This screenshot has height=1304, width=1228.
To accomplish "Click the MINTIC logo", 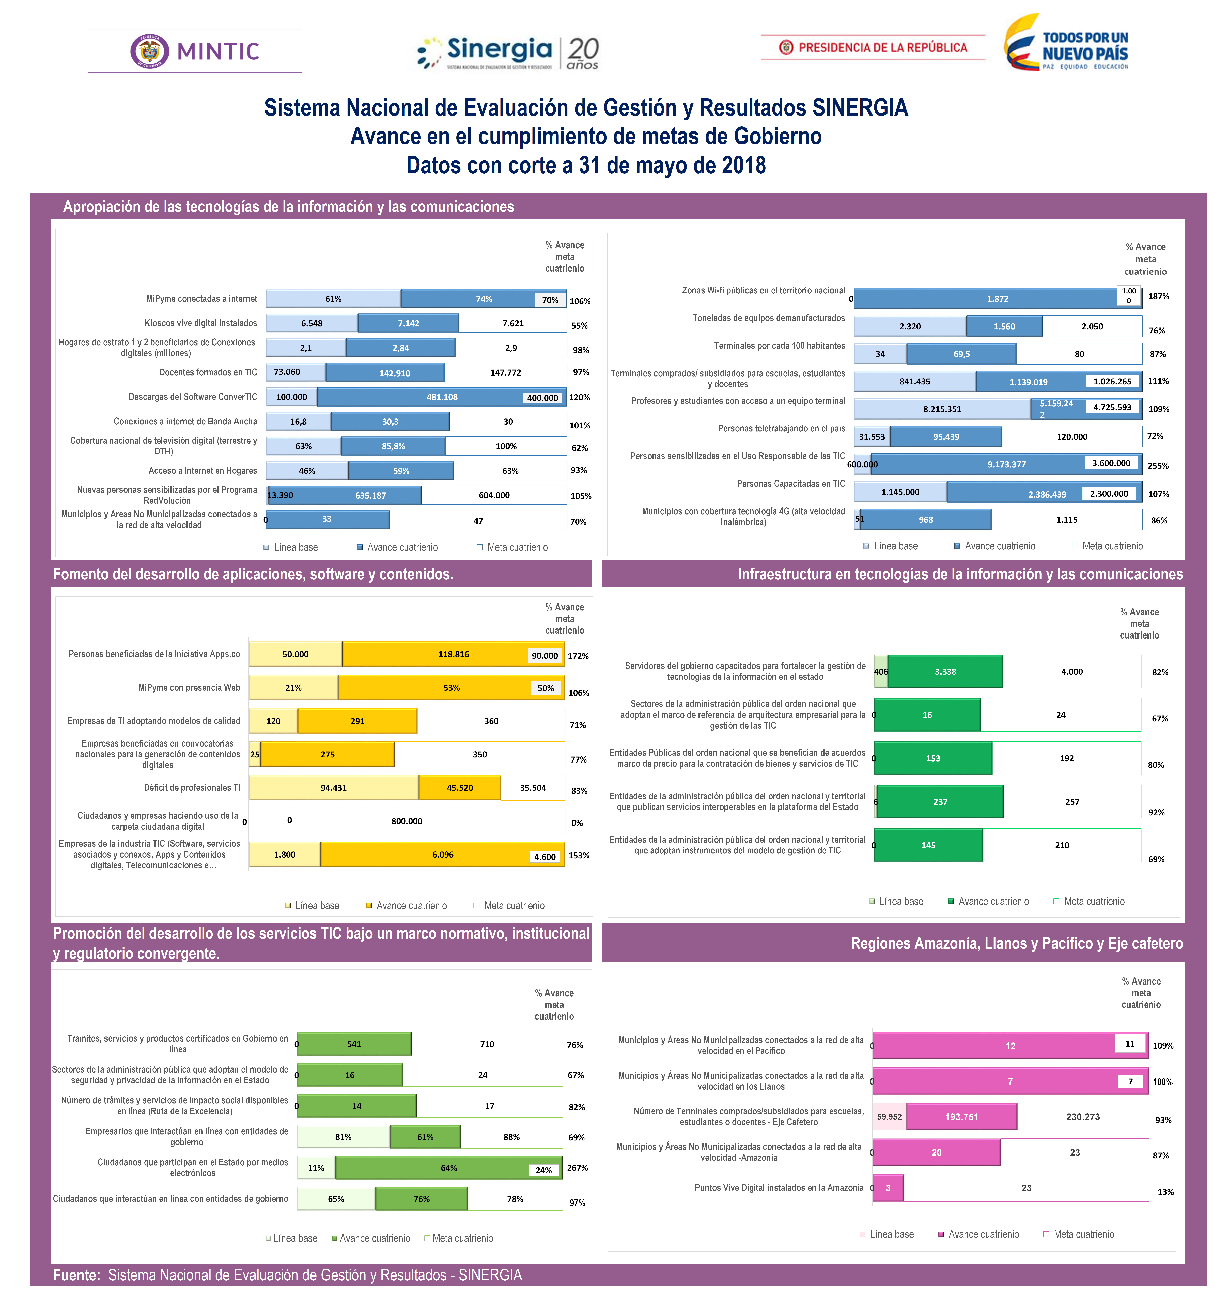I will tap(195, 51).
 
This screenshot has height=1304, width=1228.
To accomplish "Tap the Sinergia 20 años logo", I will tap(508, 52).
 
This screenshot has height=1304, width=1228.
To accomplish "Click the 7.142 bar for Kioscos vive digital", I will tap(408, 323).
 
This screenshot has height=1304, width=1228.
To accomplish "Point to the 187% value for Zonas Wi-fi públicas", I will tap(1158, 297).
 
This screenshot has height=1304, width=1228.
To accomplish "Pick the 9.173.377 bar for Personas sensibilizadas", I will tap(1006, 464).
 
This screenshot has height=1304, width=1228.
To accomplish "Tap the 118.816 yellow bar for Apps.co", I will tap(453, 654).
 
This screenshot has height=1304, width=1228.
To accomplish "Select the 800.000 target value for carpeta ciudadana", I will tap(407, 821).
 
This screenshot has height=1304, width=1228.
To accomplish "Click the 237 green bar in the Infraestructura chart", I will tap(940, 802).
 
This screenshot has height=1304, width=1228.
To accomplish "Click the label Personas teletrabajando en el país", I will tap(781, 428).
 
